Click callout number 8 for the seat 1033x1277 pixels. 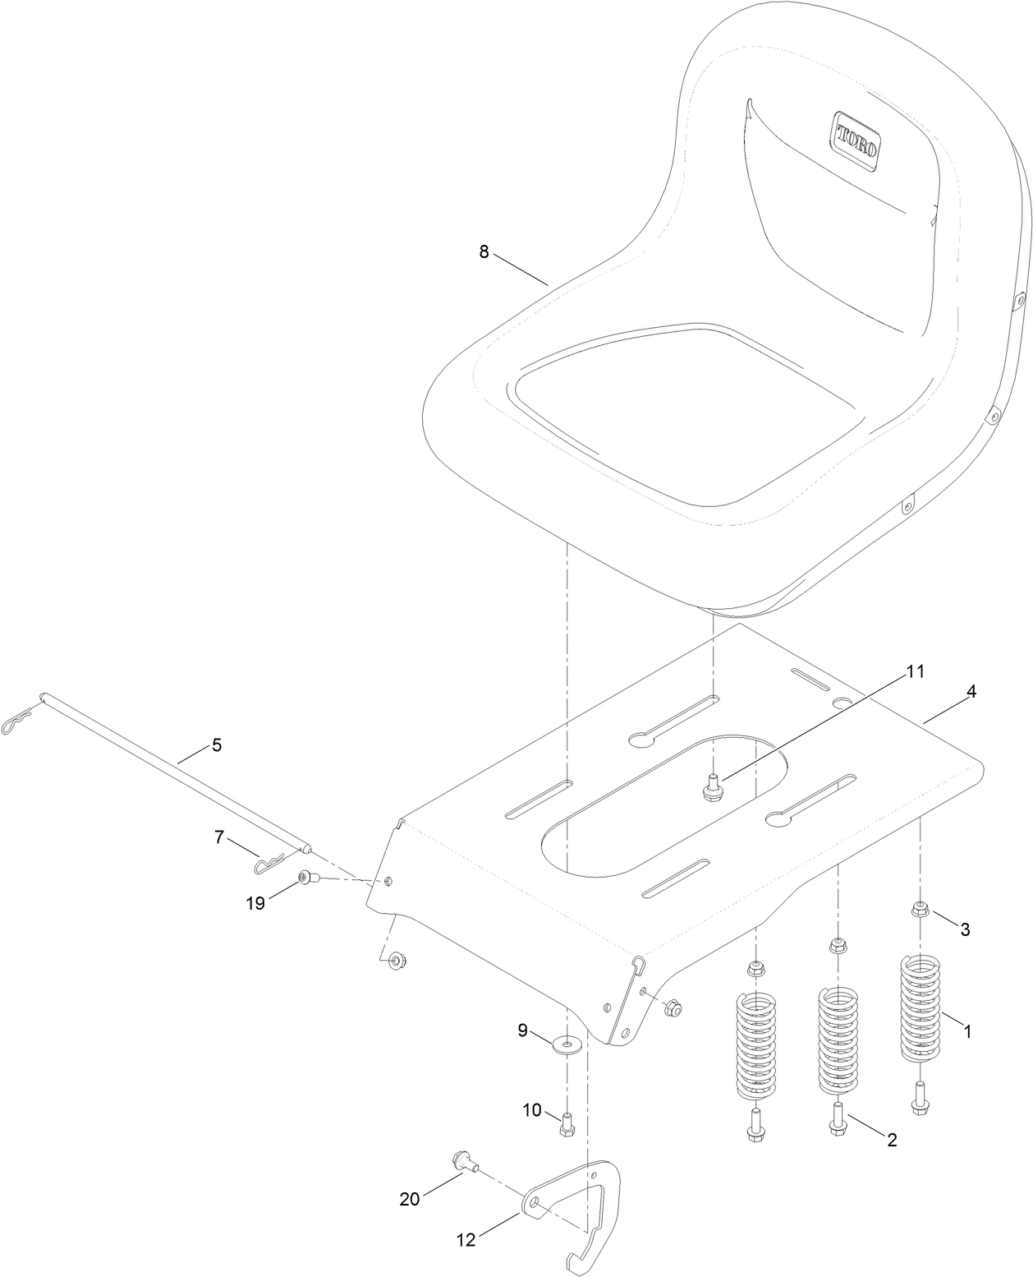pyautogui.click(x=484, y=252)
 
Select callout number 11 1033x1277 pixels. pyautogui.click(x=916, y=671)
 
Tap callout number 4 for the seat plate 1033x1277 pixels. pyautogui.click(x=971, y=692)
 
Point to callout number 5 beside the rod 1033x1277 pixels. pyautogui.click(x=217, y=745)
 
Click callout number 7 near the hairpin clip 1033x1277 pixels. pyautogui.click(x=218, y=837)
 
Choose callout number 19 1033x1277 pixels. pyautogui.click(x=255, y=903)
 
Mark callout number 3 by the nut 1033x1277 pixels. pyautogui.click(x=965, y=929)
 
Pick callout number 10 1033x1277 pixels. pyautogui.click(x=532, y=1110)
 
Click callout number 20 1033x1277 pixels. pyautogui.click(x=409, y=1199)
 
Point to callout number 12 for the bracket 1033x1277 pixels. pyautogui.click(x=466, y=1240)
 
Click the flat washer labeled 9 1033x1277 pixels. pyautogui.click(x=566, y=1045)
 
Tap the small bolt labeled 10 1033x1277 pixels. pyautogui.click(x=566, y=1124)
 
